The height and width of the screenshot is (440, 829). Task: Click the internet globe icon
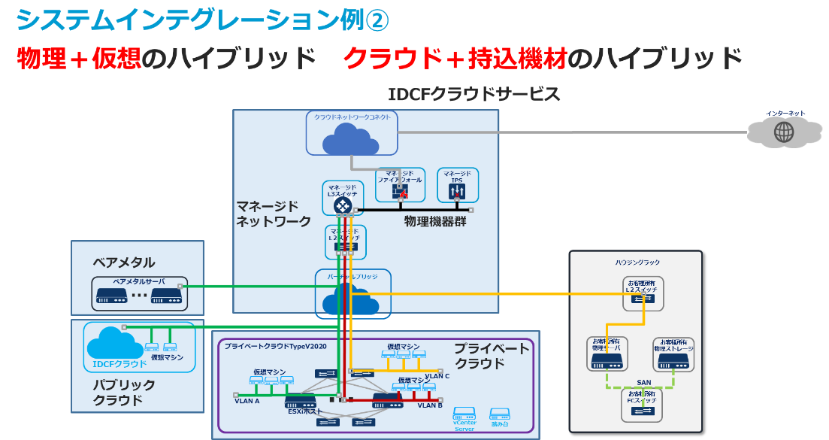[x=784, y=133]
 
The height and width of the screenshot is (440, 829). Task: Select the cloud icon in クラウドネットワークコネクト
[x=352, y=139]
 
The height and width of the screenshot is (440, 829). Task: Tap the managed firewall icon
[x=399, y=192]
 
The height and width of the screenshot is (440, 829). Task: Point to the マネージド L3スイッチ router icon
[x=343, y=205]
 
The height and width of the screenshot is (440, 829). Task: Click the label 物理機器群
[x=435, y=222]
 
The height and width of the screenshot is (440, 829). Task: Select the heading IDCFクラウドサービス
[x=473, y=95]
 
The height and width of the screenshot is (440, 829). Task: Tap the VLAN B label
[x=430, y=405]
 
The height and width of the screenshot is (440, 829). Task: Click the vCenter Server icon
[x=464, y=414]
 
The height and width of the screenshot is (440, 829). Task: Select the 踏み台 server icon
[x=500, y=414]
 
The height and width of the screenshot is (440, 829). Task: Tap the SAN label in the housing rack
[x=643, y=382]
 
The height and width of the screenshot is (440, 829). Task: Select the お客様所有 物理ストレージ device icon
[x=673, y=361]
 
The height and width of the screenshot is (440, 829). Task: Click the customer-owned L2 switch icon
[x=643, y=299]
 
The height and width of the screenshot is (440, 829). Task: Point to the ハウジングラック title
[x=637, y=262]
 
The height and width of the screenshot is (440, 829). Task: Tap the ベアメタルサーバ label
[x=138, y=281]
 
